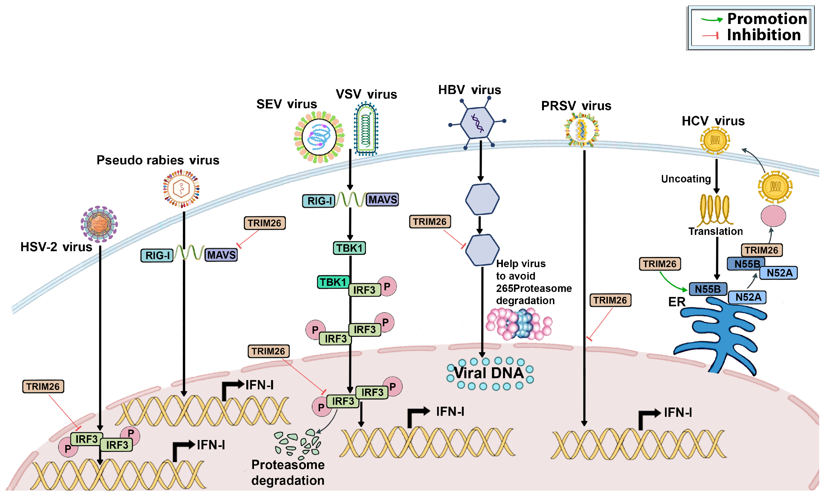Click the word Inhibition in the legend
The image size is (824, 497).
coord(764,35)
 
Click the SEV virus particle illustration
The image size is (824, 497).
coord(319,137)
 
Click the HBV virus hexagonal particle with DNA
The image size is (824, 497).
coord(477,123)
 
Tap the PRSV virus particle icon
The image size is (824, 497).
coord(582,130)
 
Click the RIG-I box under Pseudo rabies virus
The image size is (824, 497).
coord(157,256)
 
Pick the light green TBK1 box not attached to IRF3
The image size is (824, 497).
coord(349,248)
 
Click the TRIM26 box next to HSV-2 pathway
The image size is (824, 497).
coord(43,387)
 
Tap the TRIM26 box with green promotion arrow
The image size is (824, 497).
coord(660,264)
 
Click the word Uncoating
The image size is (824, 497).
coord(686,179)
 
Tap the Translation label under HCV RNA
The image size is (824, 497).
coord(715,231)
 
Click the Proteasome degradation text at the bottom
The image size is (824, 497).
coord(288,472)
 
